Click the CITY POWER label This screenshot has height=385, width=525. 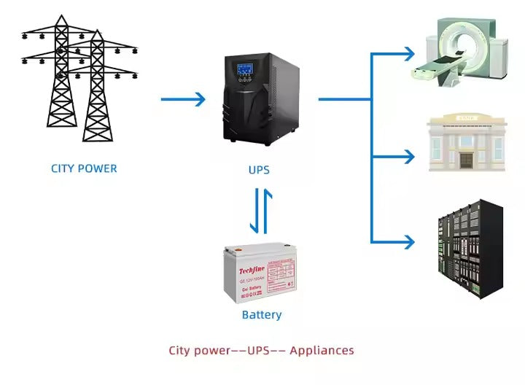pyautogui.click(x=84, y=168)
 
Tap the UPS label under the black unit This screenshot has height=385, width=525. pyautogui.click(x=259, y=170)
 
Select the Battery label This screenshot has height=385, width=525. pyautogui.click(x=261, y=315)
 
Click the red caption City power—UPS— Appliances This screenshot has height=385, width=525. pyautogui.click(x=261, y=351)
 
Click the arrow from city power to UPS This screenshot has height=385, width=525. pyautogui.click(x=183, y=100)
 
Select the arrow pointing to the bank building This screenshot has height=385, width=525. pyautogui.click(x=394, y=155)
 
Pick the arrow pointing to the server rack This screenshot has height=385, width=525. pyautogui.click(x=394, y=241)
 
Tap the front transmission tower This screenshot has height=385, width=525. pyautogui.click(x=98, y=91)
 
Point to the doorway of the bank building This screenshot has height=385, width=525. pyautogui.click(x=466, y=160)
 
